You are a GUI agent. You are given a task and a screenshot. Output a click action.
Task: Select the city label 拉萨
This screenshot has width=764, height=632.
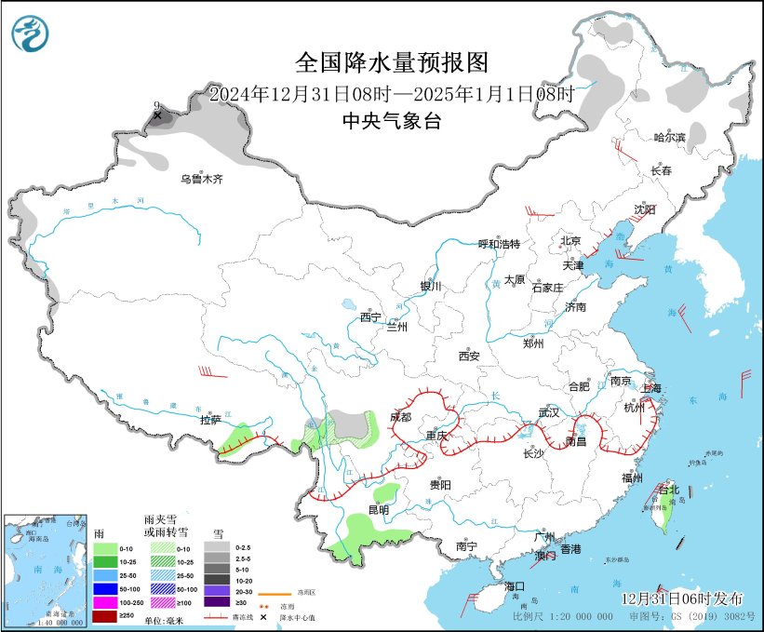209,420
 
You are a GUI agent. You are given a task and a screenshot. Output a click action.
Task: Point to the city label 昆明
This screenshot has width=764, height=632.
379,509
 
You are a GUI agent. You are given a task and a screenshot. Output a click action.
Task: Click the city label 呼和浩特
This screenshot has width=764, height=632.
499,244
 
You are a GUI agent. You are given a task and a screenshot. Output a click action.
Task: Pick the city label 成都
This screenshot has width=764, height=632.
400,416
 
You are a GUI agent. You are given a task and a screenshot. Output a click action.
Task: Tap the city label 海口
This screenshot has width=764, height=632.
516,586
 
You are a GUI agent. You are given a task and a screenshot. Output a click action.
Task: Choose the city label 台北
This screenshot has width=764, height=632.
668,489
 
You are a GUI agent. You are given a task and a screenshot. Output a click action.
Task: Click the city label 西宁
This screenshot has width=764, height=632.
370,317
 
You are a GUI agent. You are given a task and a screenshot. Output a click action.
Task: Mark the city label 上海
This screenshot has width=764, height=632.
650,388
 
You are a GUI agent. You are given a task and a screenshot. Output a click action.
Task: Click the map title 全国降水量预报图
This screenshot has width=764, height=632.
392,62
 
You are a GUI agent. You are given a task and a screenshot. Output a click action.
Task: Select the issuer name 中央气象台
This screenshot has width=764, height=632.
392,119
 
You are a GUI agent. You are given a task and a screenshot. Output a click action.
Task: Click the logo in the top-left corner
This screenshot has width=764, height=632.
31,34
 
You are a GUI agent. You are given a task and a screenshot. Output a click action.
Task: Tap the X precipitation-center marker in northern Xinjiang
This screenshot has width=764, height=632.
157,116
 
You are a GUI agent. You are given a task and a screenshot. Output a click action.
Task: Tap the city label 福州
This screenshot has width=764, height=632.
633,477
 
